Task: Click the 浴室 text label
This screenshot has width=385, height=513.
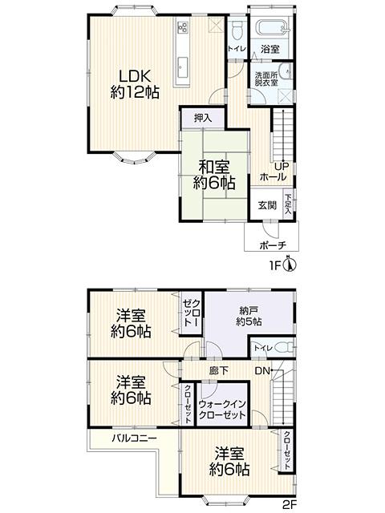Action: click(269, 50)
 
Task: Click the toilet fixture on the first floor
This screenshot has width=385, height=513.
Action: click(237, 31)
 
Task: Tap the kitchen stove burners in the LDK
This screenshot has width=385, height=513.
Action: click(182, 27)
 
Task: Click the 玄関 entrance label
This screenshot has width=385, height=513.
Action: click(267, 204)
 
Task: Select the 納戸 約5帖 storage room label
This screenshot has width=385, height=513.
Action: click(248, 316)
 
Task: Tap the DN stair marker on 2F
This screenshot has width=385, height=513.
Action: click(262, 371)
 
